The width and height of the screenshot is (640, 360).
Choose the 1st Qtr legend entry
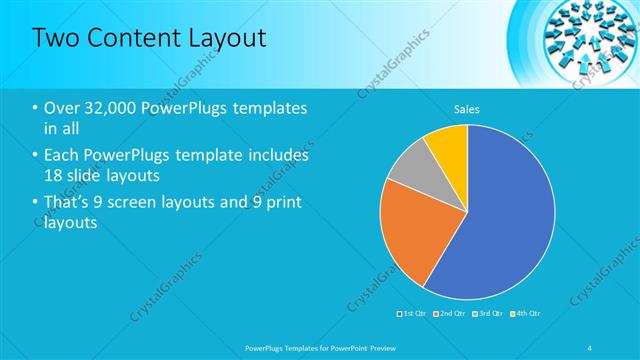tap(412, 313)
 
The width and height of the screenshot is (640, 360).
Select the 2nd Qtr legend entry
tap(449, 313)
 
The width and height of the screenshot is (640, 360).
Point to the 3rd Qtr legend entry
tap(486, 313)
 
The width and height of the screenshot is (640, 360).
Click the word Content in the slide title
tap(126, 38)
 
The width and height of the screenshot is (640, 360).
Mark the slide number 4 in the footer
tap(590, 346)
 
